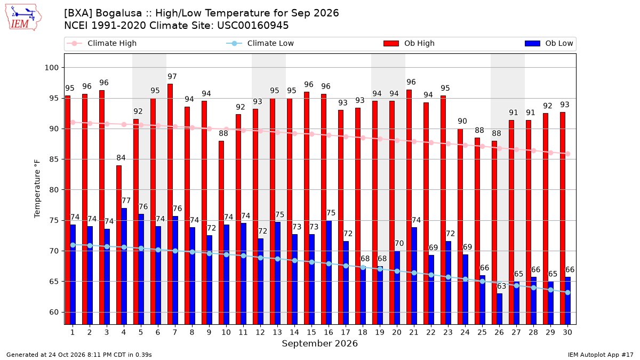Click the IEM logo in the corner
click(x=23, y=18)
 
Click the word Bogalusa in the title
click(x=118, y=13)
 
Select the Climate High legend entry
click(x=101, y=43)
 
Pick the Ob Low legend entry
click(x=549, y=43)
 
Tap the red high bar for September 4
click(x=119, y=245)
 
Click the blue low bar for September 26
click(x=499, y=309)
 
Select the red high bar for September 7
click(x=170, y=204)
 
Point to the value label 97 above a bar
click(x=172, y=77)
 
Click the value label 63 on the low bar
click(x=501, y=286)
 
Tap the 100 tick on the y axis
click(x=51, y=68)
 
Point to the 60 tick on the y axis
click(x=54, y=312)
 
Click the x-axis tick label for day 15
click(x=311, y=332)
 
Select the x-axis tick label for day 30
click(x=567, y=332)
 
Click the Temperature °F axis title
click(x=37, y=189)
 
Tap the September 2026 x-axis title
click(x=319, y=343)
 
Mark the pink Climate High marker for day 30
click(x=567, y=154)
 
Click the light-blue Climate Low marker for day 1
click(x=73, y=245)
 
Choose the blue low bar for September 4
click(x=124, y=266)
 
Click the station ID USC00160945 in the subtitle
click(x=253, y=26)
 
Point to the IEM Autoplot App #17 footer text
click(x=601, y=355)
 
